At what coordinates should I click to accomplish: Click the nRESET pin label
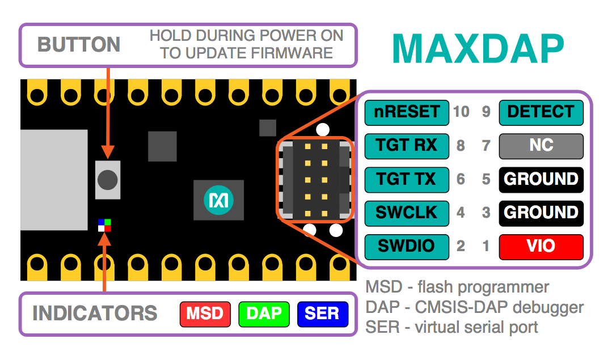pyautogui.click(x=407, y=112)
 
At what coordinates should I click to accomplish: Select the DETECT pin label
pyautogui.click(x=541, y=112)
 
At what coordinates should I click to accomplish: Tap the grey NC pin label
pyautogui.click(x=541, y=146)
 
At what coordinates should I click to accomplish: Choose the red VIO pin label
pyautogui.click(x=541, y=247)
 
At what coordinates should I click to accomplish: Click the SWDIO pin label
pyautogui.click(x=407, y=247)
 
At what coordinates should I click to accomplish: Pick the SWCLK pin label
pyautogui.click(x=407, y=213)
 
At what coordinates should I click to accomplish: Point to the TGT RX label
pyautogui.click(x=407, y=146)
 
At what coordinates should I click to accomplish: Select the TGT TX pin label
pyautogui.click(x=407, y=179)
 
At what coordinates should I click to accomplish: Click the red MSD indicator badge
pyautogui.click(x=205, y=314)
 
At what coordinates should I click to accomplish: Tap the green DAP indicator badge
pyautogui.click(x=264, y=314)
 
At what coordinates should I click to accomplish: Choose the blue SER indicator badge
pyautogui.click(x=322, y=314)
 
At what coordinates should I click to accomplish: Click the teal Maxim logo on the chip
pyautogui.click(x=218, y=200)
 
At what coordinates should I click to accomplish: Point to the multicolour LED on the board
pyautogui.click(x=104, y=225)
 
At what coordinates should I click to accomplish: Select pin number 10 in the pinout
pyautogui.click(x=461, y=112)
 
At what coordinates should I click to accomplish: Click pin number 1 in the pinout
pyautogui.click(x=486, y=247)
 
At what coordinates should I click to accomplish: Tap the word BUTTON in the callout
pyautogui.click(x=79, y=45)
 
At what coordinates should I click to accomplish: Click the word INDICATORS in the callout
pyautogui.click(x=95, y=314)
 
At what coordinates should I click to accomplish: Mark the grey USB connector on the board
pyautogui.click(x=54, y=180)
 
